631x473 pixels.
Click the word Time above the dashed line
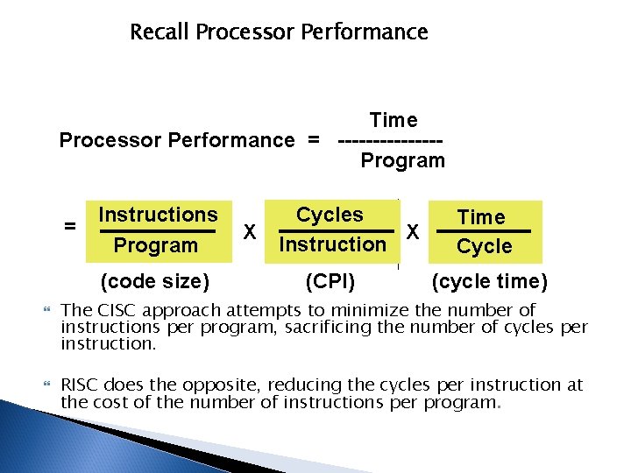pyautogui.click(x=393, y=120)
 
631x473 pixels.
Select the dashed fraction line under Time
pyautogui.click(x=389, y=140)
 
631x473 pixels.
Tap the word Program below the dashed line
pyautogui.click(x=403, y=160)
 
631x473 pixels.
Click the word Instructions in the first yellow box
pyautogui.click(x=158, y=215)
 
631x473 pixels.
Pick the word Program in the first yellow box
pyautogui.click(x=156, y=245)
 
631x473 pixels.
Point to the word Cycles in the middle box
pyautogui.click(x=330, y=215)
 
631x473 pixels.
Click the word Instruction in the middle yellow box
pyautogui.click(x=331, y=244)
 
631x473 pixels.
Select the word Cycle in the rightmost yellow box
pyautogui.click(x=484, y=247)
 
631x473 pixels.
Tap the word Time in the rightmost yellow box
pyautogui.click(x=482, y=216)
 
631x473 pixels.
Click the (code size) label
pyautogui.click(x=155, y=281)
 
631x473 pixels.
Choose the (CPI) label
pyautogui.click(x=329, y=281)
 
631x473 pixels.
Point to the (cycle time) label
pyautogui.click(x=490, y=281)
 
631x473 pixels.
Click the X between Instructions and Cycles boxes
pyautogui.click(x=249, y=232)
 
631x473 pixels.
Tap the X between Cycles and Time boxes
pyautogui.click(x=414, y=233)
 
